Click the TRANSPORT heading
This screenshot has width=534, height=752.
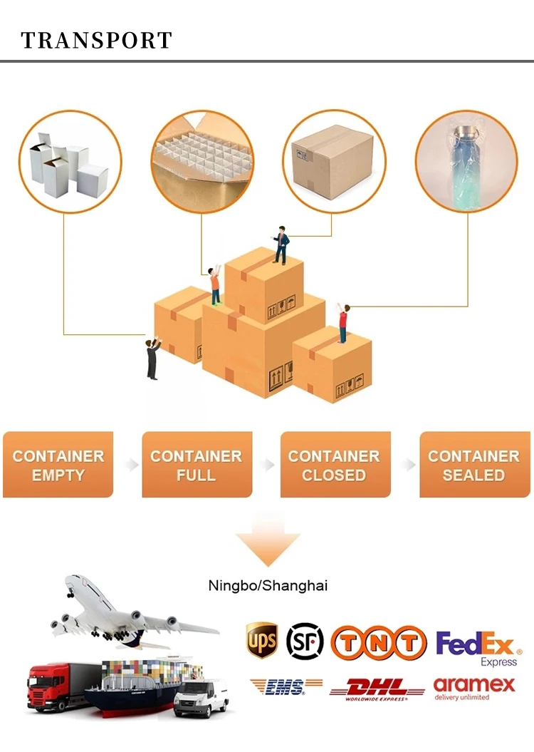tap(97, 40)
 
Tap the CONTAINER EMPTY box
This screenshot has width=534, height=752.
tap(58, 465)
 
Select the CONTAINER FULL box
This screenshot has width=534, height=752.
tap(197, 465)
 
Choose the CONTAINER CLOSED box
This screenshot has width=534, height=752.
tap(335, 465)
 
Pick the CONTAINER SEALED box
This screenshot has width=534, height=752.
tap(474, 465)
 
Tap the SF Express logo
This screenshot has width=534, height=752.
tap(305, 641)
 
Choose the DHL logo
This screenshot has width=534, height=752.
tap(377, 689)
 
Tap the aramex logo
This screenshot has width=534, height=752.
tap(473, 688)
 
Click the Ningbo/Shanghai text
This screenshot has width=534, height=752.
tap(268, 586)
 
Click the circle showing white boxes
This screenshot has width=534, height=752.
tap(70, 163)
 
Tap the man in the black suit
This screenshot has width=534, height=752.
tap(152, 359)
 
